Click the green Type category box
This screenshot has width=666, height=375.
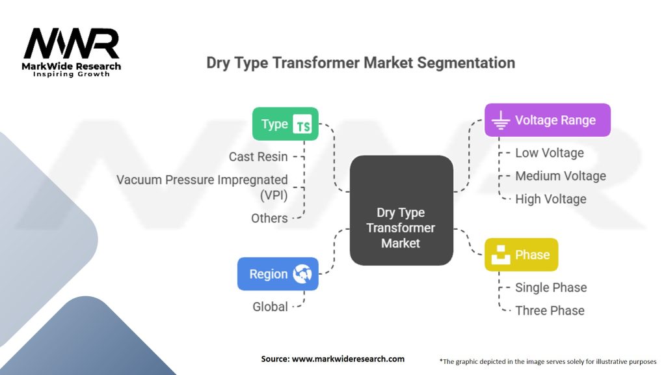click(x=285, y=124)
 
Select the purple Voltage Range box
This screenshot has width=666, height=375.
click(x=548, y=120)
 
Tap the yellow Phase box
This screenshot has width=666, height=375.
click(x=521, y=255)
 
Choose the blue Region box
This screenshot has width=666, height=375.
click(x=278, y=274)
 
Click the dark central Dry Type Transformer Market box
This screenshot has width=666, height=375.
click(x=401, y=210)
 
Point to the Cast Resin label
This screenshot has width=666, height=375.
click(x=258, y=157)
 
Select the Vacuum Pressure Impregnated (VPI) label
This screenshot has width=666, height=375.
click(x=202, y=187)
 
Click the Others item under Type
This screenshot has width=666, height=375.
click(x=269, y=218)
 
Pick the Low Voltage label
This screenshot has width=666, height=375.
click(x=550, y=153)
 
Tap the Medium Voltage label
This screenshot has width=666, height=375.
click(x=561, y=176)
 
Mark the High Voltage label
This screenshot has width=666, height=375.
click(x=551, y=199)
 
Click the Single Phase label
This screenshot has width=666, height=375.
click(x=551, y=287)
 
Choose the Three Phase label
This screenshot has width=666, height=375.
click(x=550, y=311)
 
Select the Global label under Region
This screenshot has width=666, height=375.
click(x=270, y=307)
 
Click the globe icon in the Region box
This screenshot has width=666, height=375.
click(x=302, y=274)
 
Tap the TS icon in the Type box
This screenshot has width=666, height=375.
click(x=302, y=124)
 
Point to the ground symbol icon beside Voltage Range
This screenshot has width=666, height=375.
click(x=501, y=120)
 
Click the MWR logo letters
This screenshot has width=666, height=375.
click(x=72, y=44)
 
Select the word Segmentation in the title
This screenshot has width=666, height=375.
click(x=466, y=63)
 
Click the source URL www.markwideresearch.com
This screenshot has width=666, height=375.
click(x=348, y=359)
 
